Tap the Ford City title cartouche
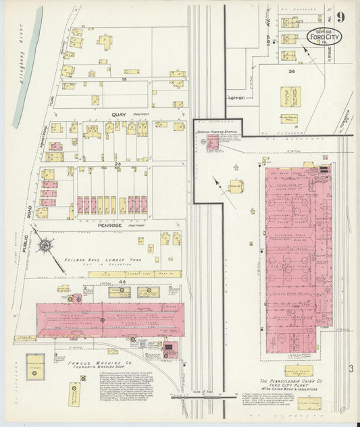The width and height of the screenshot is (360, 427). click(x=324, y=37)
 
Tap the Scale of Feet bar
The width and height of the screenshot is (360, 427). click(x=193, y=396)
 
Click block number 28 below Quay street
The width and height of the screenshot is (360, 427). click(x=117, y=164)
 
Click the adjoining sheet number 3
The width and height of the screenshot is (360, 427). click(x=351, y=368)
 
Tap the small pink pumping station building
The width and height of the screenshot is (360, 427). click(x=213, y=142)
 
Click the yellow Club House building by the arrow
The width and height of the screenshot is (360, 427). click(x=236, y=186)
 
